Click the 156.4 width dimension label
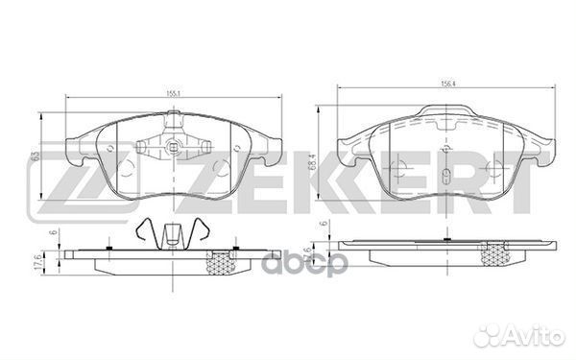[445, 84]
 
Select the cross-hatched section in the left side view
[222, 260]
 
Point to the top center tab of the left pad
[173, 119]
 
